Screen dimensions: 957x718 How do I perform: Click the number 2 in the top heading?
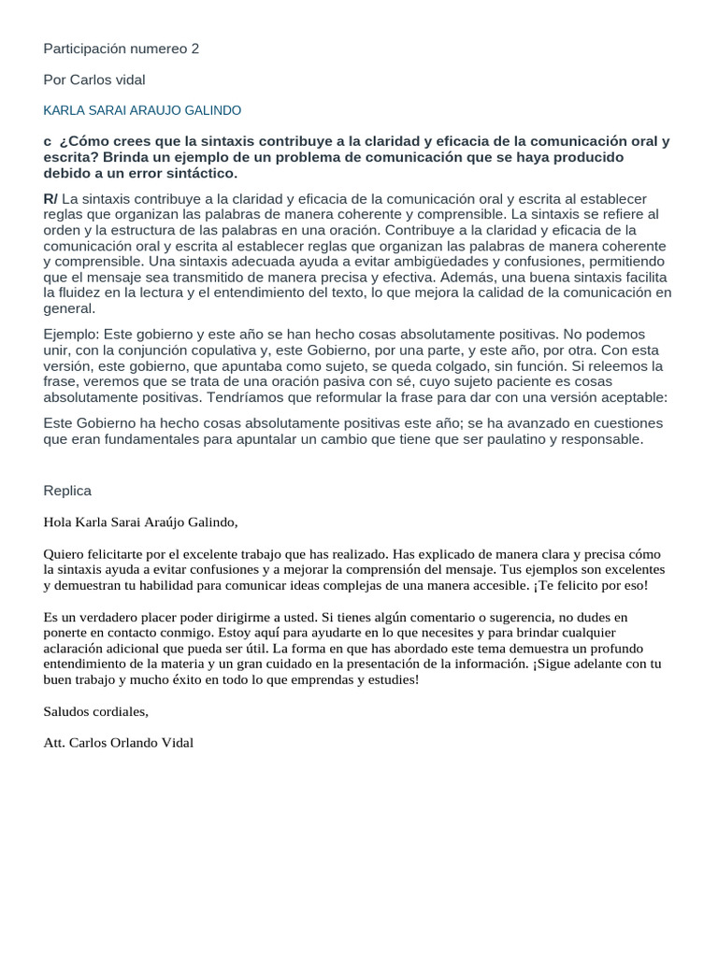click(x=194, y=49)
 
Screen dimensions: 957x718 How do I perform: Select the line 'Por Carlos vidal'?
click(x=94, y=79)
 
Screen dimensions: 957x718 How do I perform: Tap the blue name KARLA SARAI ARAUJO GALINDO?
click(x=142, y=110)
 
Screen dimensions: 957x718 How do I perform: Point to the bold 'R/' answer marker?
click(x=50, y=199)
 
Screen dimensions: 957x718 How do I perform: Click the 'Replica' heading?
click(x=67, y=491)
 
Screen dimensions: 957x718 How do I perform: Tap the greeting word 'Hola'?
click(x=59, y=522)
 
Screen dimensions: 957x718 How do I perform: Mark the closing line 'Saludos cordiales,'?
click(x=95, y=711)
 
